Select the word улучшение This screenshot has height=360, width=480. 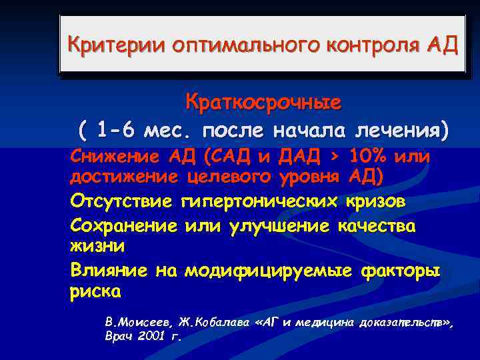279,226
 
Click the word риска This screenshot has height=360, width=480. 95,291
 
